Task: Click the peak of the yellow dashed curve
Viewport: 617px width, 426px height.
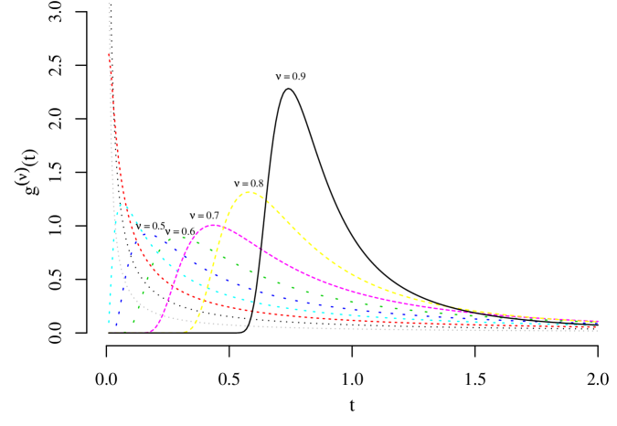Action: coord(250,192)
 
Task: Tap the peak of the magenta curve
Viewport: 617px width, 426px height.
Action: coord(214,225)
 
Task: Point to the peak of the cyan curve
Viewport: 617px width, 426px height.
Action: coord(124,205)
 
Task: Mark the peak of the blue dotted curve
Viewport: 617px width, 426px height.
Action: coord(152,235)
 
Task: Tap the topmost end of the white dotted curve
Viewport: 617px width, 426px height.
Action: coord(109,5)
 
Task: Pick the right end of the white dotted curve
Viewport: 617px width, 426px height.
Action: coord(597,330)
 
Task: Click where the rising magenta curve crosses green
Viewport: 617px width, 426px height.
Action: coord(194,240)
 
